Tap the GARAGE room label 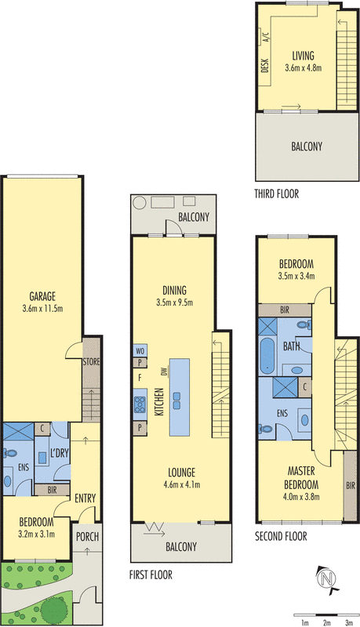(42, 296)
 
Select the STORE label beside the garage (91, 362)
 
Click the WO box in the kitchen (140, 350)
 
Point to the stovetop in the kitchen (140, 404)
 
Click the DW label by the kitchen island (164, 373)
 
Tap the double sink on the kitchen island (176, 401)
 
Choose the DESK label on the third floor (265, 66)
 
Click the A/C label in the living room (266, 37)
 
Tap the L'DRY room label (60, 453)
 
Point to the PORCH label (87, 537)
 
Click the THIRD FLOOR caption (277, 194)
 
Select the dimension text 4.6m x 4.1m (182, 485)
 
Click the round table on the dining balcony (140, 203)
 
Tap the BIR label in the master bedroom (351, 486)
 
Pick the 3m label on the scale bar (349, 622)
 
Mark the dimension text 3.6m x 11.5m (42, 309)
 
